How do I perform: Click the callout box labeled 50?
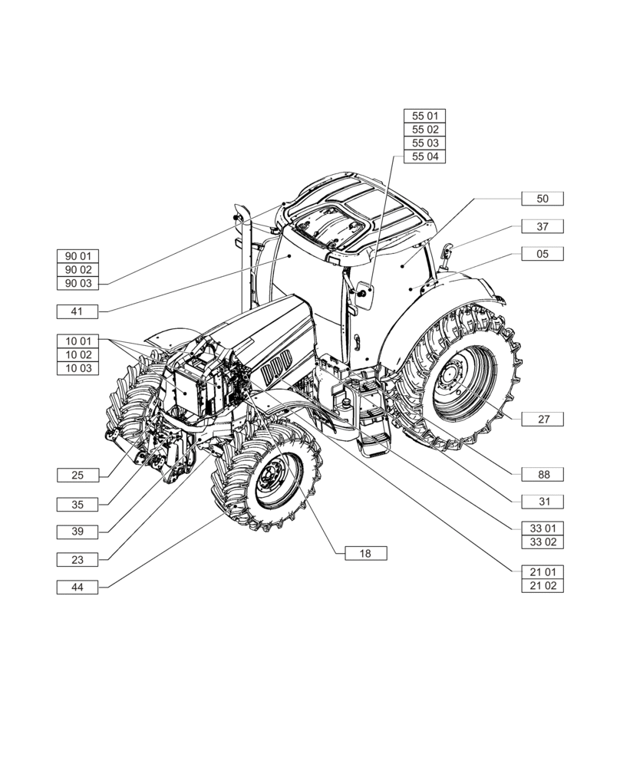click(x=542, y=199)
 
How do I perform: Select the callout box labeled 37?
click(x=542, y=226)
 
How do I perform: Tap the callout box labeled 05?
click(x=542, y=253)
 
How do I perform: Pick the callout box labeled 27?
click(x=542, y=420)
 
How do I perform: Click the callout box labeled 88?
click(x=542, y=474)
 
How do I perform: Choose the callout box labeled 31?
click(x=542, y=501)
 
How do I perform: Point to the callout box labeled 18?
click(x=365, y=553)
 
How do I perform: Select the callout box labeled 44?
click(x=77, y=588)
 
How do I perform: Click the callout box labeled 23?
click(x=77, y=560)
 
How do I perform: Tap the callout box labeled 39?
click(x=77, y=532)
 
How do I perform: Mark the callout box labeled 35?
click(x=77, y=504)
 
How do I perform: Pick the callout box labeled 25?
click(x=77, y=476)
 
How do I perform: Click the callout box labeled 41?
click(x=77, y=311)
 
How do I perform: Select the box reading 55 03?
click(x=425, y=143)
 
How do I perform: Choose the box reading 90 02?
click(x=77, y=270)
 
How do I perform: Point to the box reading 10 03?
click(x=77, y=368)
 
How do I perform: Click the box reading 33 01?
click(x=542, y=528)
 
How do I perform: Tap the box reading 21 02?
click(x=542, y=585)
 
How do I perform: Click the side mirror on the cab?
click(x=363, y=295)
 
